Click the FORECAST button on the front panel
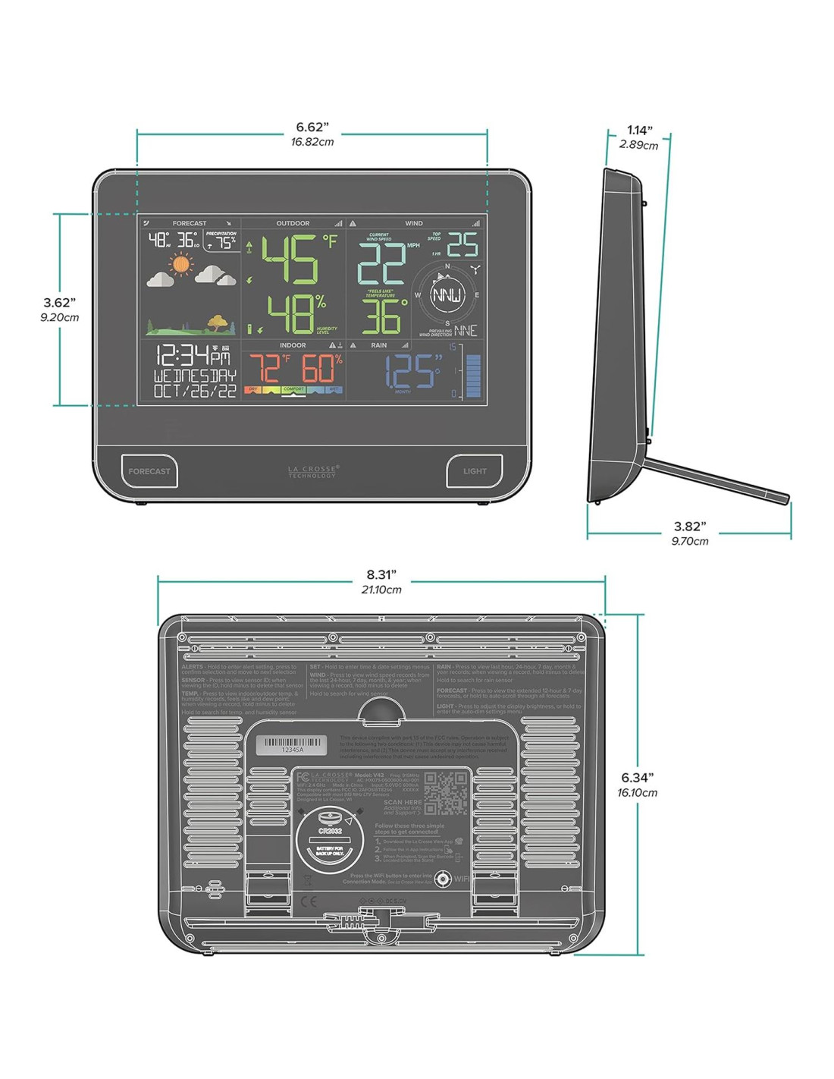pyautogui.click(x=149, y=471)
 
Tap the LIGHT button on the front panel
pyautogui.click(x=475, y=471)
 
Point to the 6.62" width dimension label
pyautogui.click(x=312, y=127)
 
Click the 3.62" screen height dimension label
pyautogui.click(x=59, y=303)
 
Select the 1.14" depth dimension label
pyautogui.click(x=639, y=131)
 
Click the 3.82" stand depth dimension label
pyautogui.click(x=689, y=527)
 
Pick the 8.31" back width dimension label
pyautogui.click(x=381, y=575)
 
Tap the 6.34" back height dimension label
pyautogui.click(x=637, y=778)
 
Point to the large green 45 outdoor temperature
pyautogui.click(x=291, y=260)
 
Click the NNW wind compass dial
pyautogui.click(x=447, y=295)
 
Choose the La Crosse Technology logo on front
pyautogui.click(x=312, y=471)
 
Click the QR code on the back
pyautogui.click(x=445, y=794)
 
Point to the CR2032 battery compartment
pyautogui.click(x=326, y=841)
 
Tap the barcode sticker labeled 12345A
pyautogui.click(x=292, y=745)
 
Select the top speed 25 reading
pyautogui.click(x=462, y=245)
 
